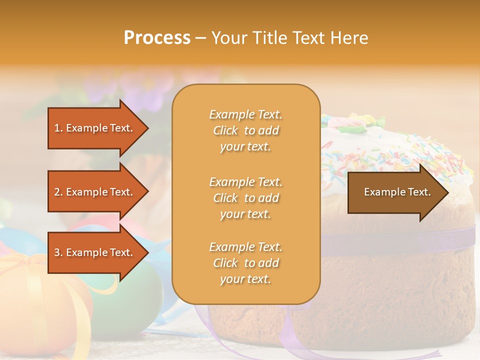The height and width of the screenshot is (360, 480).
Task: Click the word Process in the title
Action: [x=157, y=37]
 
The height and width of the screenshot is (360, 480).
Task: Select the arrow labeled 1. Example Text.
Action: [x=95, y=128]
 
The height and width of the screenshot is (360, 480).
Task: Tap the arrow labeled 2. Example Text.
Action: [x=95, y=192]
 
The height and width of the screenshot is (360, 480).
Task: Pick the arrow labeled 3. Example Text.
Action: [x=95, y=252]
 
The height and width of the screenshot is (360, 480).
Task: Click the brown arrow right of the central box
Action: [x=395, y=192]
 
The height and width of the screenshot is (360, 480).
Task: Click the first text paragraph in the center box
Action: [x=245, y=130]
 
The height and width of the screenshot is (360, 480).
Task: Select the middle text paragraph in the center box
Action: [x=245, y=198]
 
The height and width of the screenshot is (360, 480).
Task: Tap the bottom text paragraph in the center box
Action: [x=245, y=263]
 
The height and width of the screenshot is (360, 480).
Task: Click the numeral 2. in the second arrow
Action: [x=58, y=192]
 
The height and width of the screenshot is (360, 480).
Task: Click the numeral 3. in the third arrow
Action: [x=58, y=252]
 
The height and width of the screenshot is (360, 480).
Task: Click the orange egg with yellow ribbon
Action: [x=40, y=300]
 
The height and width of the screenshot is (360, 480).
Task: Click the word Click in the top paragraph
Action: [x=225, y=130]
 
